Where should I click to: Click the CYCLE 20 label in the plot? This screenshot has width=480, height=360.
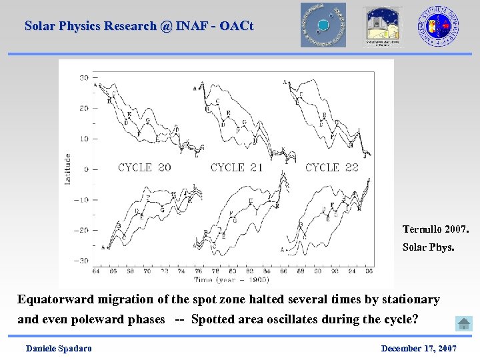[x=144, y=167]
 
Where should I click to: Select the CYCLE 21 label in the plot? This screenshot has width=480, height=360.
[x=237, y=167]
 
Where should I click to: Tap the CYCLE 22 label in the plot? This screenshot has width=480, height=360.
[x=331, y=167]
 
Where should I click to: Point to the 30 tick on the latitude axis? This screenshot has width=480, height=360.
[x=85, y=78]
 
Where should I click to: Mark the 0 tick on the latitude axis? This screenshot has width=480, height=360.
[x=86, y=169]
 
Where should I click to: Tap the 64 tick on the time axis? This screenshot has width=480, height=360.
[x=95, y=271]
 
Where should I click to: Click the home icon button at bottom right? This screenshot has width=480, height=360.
[x=464, y=324]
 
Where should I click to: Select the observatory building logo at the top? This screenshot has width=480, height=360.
[x=382, y=26]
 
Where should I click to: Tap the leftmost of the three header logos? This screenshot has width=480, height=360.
[x=323, y=25]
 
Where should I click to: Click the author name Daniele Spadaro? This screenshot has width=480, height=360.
[x=59, y=349]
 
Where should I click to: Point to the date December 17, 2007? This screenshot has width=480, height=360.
[x=419, y=349]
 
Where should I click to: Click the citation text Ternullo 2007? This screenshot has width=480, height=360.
[x=435, y=229]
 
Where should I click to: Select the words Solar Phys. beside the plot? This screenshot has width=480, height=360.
[x=428, y=247]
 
